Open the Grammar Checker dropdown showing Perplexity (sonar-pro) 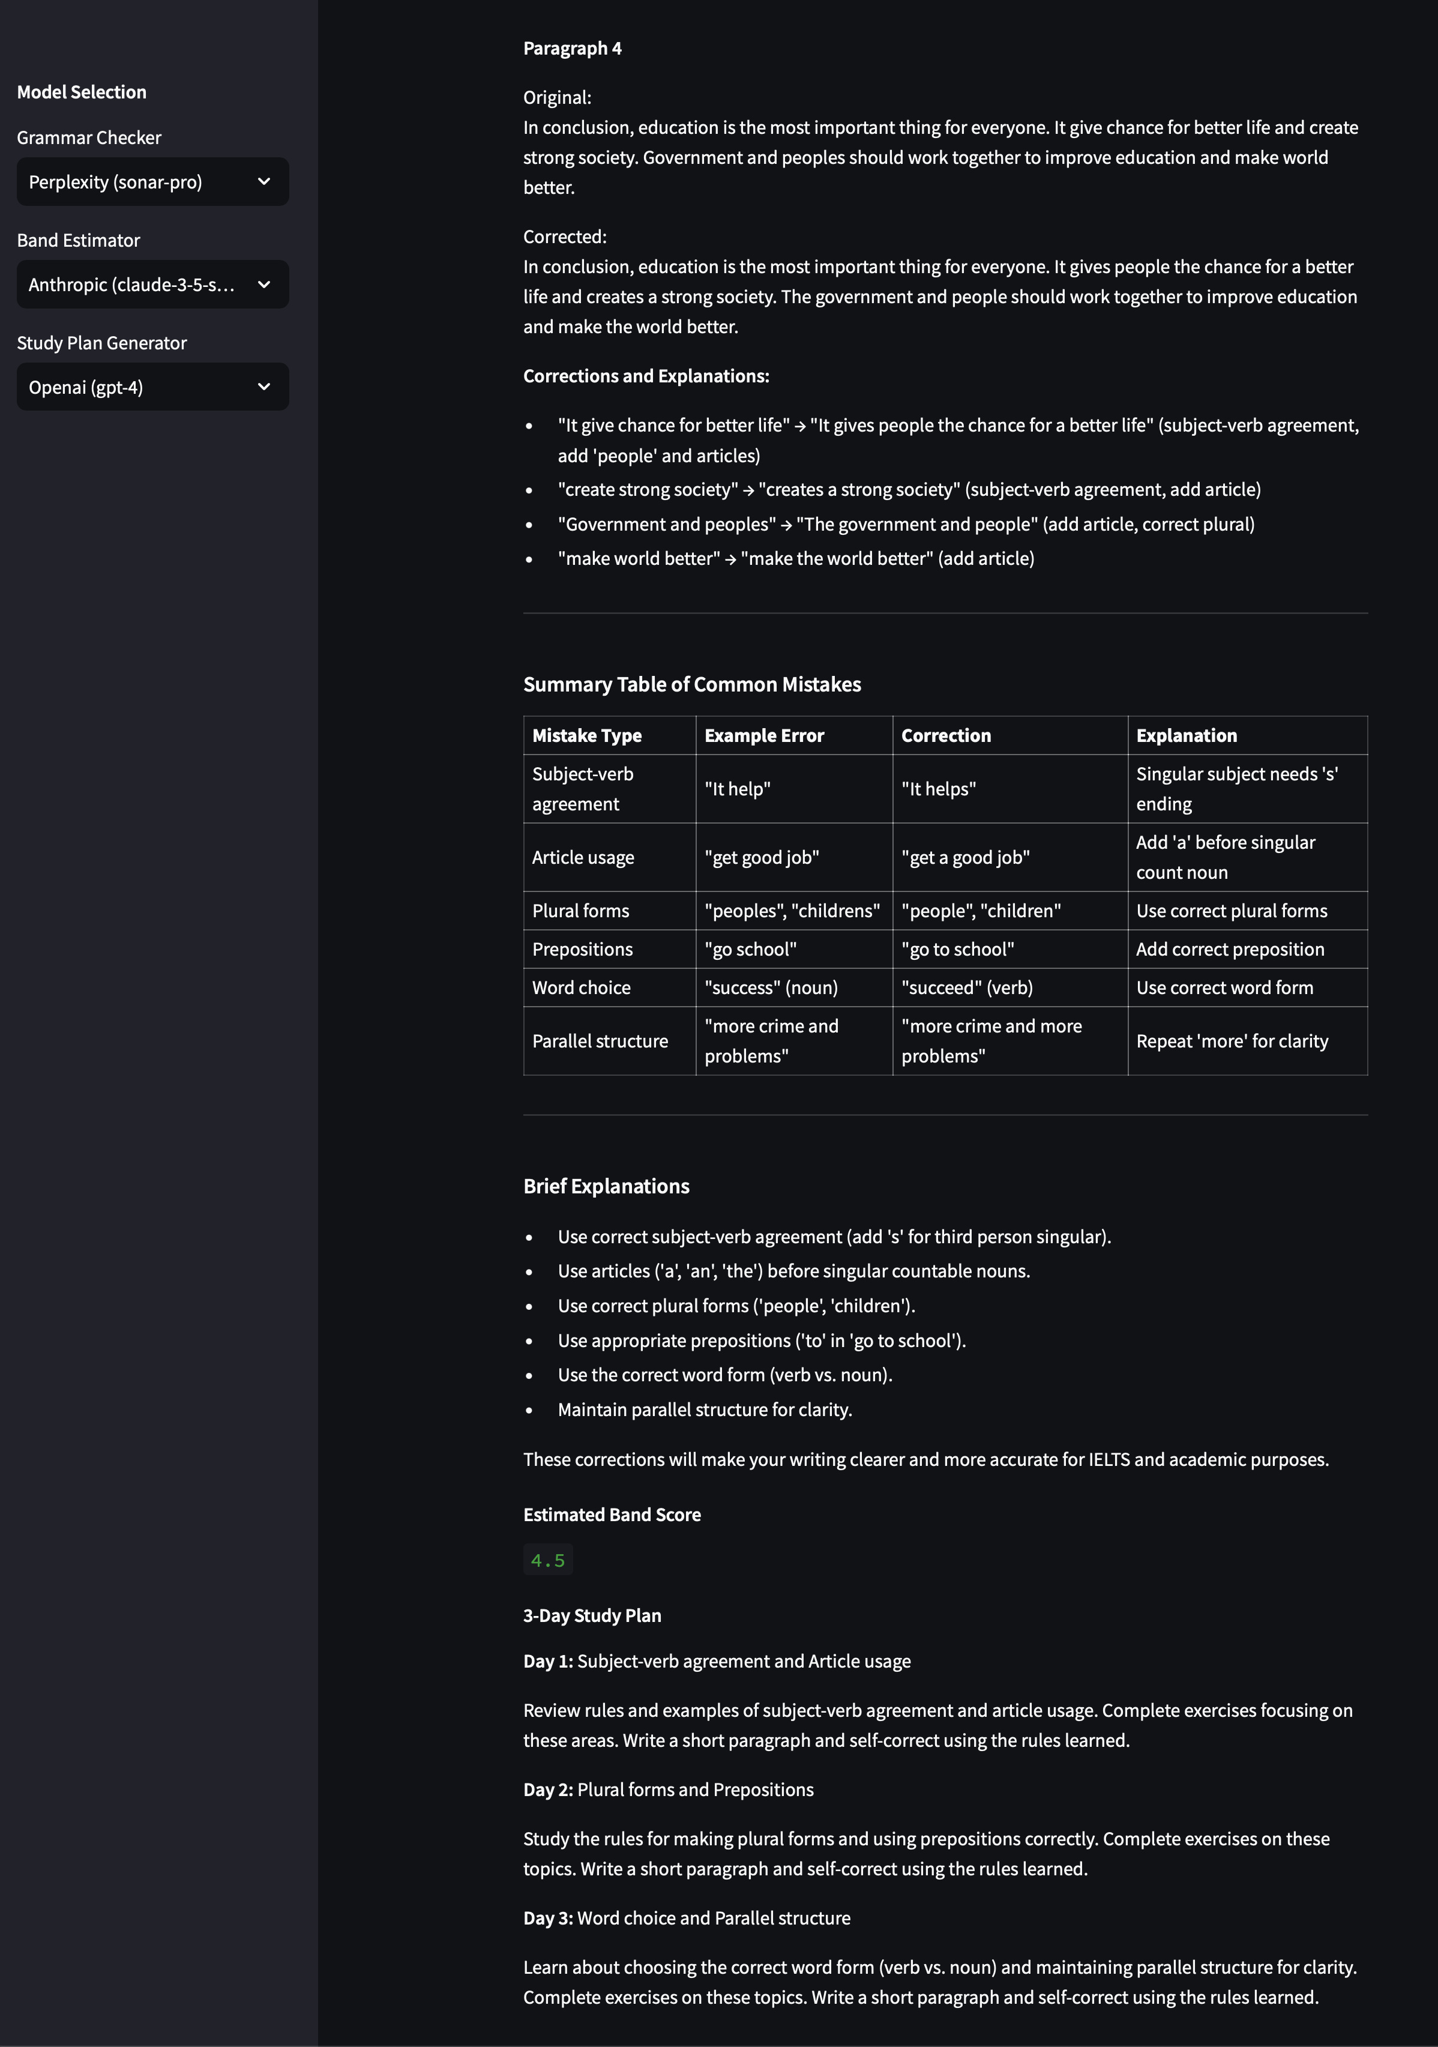click(152, 182)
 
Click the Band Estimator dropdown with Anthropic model click(152, 285)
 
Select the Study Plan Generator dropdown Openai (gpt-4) click(152, 387)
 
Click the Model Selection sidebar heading click(81, 92)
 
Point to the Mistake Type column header click(586, 735)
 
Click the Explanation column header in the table click(1186, 735)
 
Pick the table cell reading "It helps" click(938, 789)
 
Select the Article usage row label click(583, 858)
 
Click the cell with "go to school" click(957, 950)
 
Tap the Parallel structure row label click(600, 1042)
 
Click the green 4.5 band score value click(547, 1560)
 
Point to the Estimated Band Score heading click(612, 1515)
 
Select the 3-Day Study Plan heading click(592, 1615)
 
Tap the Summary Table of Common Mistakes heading click(692, 685)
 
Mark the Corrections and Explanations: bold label click(645, 376)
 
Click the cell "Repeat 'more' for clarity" click(1231, 1042)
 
